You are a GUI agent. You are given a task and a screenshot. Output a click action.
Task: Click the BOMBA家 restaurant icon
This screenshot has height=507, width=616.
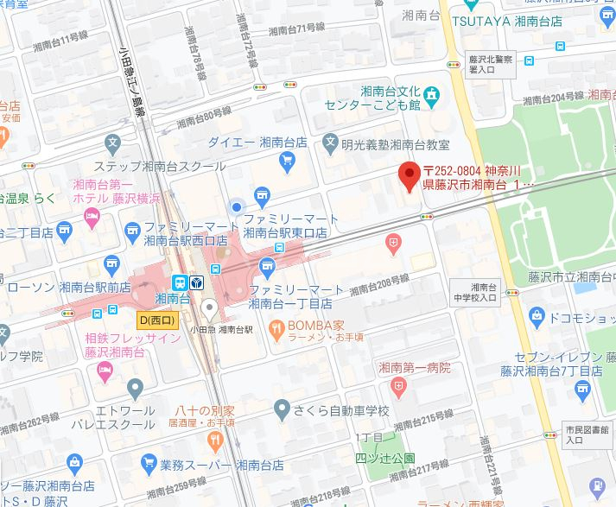pyautogui.click(x=276, y=326)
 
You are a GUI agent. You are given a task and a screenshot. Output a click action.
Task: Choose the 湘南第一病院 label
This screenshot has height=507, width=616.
pyautogui.click(x=415, y=367)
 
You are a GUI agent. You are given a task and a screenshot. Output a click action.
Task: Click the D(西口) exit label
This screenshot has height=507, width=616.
pyautogui.click(x=156, y=320)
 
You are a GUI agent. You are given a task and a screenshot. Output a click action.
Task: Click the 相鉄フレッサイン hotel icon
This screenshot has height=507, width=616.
pyautogui.click(x=105, y=371)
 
